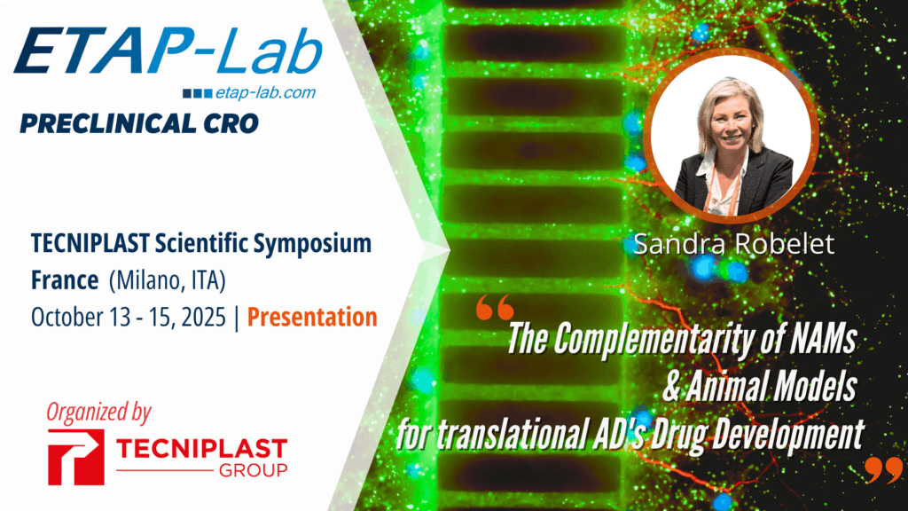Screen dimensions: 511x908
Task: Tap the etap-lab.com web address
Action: (273, 92)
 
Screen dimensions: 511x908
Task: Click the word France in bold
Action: (64, 280)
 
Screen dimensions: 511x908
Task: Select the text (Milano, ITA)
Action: (168, 280)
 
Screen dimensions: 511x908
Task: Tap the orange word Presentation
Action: (312, 317)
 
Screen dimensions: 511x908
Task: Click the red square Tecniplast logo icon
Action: (76, 457)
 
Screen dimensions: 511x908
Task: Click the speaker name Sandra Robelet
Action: (734, 244)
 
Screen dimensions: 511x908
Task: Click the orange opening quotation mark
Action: (494, 310)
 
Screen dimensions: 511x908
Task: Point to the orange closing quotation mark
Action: (883, 469)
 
